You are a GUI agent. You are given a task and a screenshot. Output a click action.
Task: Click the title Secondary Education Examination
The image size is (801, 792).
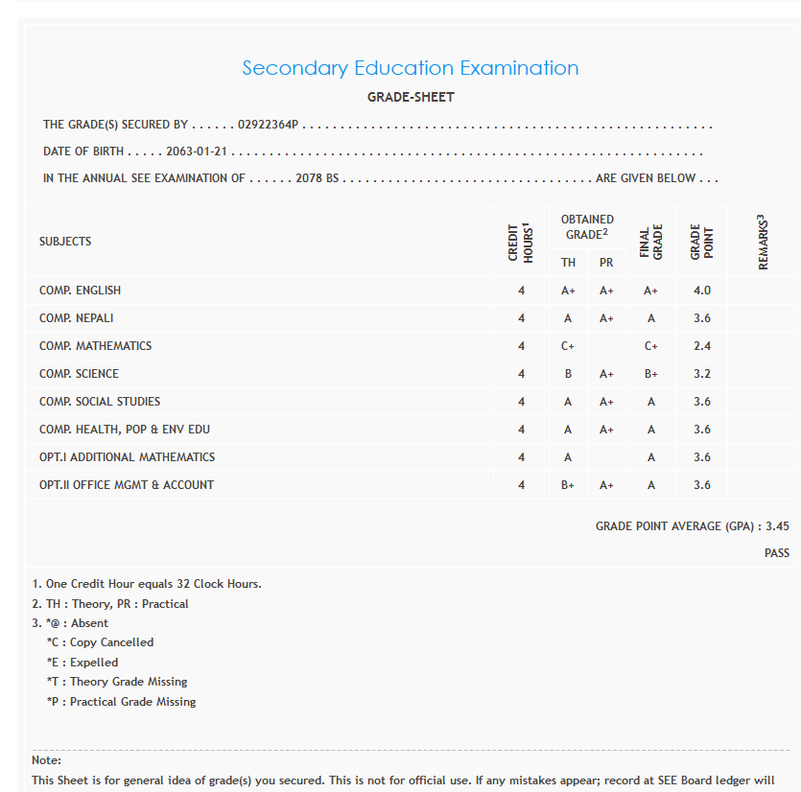410,68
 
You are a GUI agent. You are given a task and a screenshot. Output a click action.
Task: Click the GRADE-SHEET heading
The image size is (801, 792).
411,97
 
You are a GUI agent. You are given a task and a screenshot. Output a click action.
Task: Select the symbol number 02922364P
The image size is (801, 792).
269,125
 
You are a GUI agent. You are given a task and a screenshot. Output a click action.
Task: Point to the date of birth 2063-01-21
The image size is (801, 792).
197,151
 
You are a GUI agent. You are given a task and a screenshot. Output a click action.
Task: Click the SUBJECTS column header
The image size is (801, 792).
65,242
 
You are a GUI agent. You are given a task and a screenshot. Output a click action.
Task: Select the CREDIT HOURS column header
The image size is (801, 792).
520,242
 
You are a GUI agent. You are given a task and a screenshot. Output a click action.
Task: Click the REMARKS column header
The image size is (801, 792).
764,242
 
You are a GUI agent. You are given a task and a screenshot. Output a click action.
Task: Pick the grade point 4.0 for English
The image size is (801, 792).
702,291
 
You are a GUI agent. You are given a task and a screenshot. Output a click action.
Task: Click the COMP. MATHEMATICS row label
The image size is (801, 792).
95,346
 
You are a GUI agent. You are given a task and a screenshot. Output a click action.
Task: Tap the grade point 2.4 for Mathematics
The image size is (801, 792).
702,346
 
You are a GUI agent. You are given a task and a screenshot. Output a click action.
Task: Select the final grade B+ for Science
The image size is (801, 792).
651,374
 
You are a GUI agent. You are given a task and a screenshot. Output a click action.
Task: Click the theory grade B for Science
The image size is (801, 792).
568,374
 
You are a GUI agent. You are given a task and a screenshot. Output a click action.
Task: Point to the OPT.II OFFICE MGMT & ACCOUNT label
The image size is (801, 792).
127,485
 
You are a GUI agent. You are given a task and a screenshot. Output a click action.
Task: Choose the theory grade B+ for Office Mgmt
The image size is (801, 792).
568,485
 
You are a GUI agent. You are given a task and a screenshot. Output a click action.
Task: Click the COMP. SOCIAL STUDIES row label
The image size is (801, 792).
100,402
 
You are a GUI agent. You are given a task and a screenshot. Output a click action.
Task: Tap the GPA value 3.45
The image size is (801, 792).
777,526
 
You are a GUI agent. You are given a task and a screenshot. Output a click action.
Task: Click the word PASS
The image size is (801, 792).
777,553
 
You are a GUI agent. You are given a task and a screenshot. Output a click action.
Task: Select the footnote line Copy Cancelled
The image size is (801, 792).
100,642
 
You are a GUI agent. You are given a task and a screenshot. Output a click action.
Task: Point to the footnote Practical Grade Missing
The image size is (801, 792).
121,702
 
